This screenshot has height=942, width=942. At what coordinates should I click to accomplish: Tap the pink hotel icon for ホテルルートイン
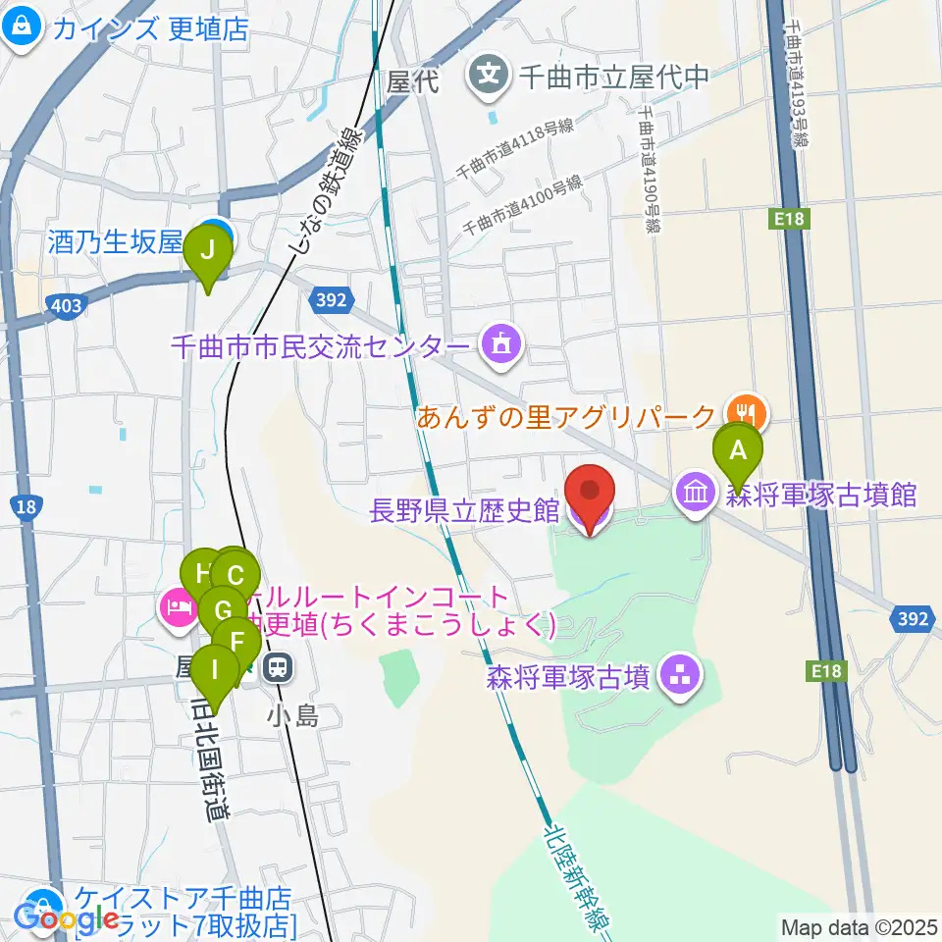tap(177, 608)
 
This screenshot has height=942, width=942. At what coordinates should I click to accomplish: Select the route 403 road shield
tap(65, 306)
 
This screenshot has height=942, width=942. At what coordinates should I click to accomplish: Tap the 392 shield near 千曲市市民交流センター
tap(332, 299)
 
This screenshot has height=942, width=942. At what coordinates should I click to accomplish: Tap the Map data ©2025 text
tap(859, 925)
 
